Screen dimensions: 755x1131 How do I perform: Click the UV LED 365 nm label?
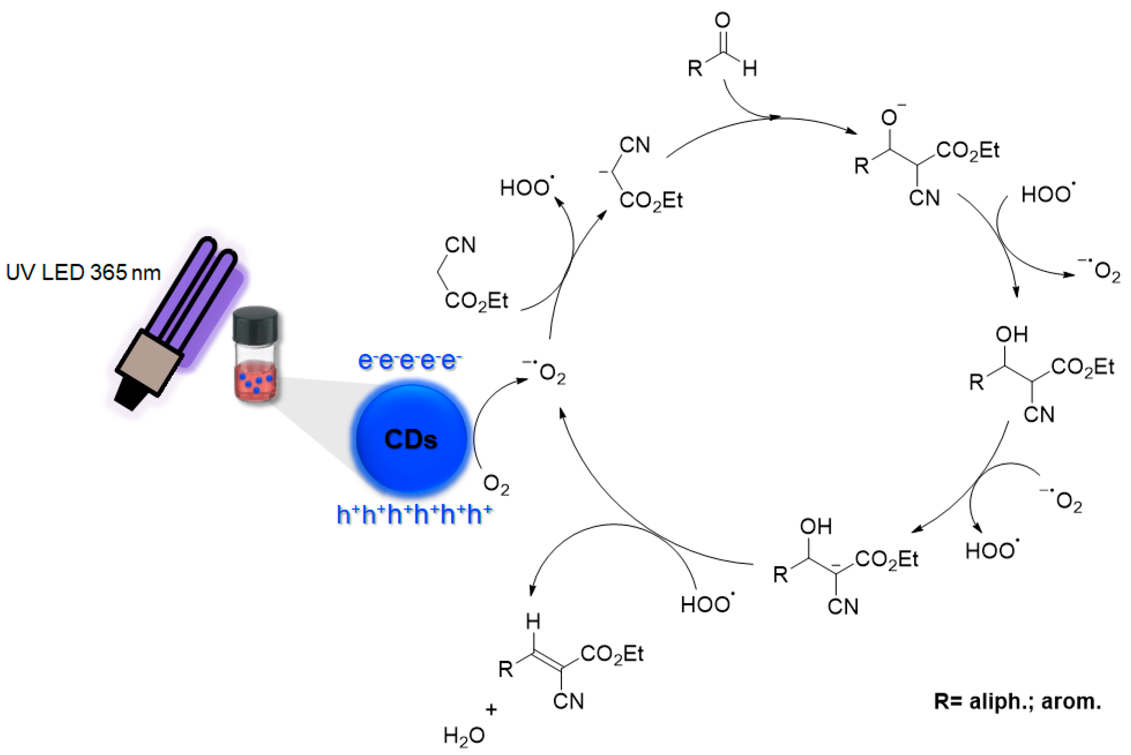pos(83,272)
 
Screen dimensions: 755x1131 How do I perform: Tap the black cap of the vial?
pos(255,325)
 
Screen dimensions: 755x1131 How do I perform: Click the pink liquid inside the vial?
pos(256,383)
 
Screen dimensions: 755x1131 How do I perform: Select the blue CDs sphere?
pos(411,438)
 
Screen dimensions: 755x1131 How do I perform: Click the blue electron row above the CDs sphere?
pos(409,361)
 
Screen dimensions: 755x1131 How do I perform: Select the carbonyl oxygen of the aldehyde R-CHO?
pos(722,21)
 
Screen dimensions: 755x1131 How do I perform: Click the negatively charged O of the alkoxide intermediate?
pos(889,118)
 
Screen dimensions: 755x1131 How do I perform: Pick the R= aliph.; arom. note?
pos(1017,701)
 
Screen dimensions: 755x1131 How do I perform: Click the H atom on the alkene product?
pos(533,622)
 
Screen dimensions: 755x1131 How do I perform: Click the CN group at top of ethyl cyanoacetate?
pos(460,245)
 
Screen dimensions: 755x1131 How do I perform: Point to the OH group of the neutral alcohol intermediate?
pos(1012,334)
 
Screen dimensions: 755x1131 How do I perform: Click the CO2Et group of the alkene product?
pos(612,654)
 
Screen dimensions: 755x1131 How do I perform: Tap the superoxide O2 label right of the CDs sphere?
pos(549,373)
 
